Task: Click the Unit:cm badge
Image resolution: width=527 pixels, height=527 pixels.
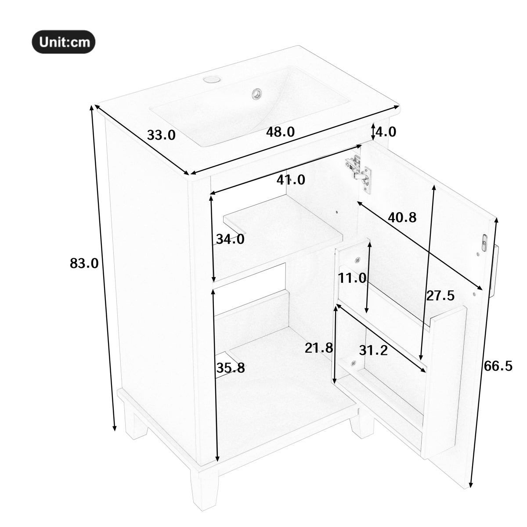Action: pyautogui.click(x=64, y=42)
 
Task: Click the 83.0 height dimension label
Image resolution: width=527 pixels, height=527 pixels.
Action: pyautogui.click(x=84, y=263)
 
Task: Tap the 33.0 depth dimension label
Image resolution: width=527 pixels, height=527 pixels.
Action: pyautogui.click(x=161, y=135)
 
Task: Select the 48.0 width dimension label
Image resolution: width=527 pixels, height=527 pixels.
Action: pyautogui.click(x=280, y=132)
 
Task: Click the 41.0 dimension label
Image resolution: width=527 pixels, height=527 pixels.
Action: pyautogui.click(x=291, y=180)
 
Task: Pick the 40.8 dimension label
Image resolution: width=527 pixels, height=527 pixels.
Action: pyautogui.click(x=402, y=217)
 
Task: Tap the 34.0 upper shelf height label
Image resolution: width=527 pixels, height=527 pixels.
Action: pyautogui.click(x=230, y=239)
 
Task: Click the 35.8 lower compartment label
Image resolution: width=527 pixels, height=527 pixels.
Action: pyautogui.click(x=231, y=368)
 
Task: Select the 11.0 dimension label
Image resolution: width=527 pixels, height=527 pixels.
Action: pyautogui.click(x=352, y=278)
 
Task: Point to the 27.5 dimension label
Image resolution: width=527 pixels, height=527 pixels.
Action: pyautogui.click(x=440, y=296)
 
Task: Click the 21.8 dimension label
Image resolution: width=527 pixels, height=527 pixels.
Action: pyautogui.click(x=319, y=348)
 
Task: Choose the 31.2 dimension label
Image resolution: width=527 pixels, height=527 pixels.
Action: pyautogui.click(x=373, y=350)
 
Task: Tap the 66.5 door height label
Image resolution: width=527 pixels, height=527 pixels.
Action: pyautogui.click(x=498, y=366)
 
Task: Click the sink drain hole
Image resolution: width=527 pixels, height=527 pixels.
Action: pyautogui.click(x=256, y=93)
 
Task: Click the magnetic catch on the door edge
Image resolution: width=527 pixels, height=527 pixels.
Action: pyautogui.click(x=485, y=242)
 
